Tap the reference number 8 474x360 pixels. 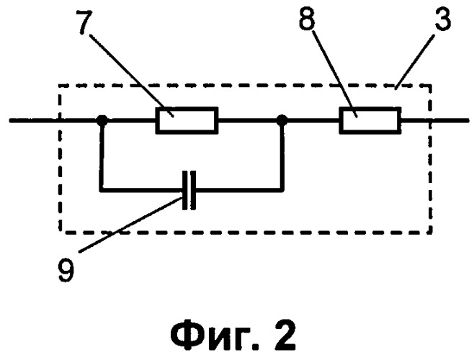pos(307,19)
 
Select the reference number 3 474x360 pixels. pos(442,19)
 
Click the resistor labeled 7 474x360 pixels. pos(187,120)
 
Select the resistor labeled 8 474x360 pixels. pos(370,120)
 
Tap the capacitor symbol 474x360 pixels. pos(189,190)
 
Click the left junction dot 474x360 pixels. pos(102,120)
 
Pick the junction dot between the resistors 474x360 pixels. pos(282,120)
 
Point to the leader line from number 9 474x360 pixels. pos(130,225)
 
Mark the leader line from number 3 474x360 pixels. pos(416,62)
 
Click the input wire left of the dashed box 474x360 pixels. pos(34,120)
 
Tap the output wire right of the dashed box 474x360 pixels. pos(450,120)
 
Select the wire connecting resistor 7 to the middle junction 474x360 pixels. pos(247,120)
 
